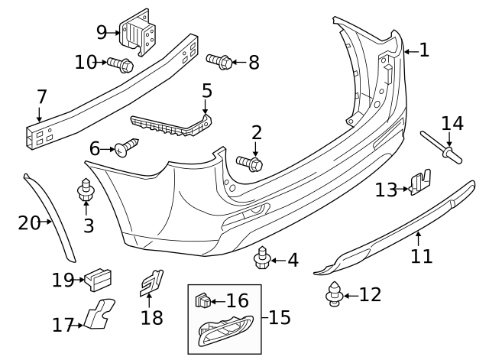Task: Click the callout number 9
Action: tap(102, 32)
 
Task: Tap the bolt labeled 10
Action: tap(121, 64)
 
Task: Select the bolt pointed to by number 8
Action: tap(219, 61)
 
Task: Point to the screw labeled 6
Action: tap(127, 148)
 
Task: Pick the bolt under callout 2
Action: tap(250, 163)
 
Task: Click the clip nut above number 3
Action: tap(86, 190)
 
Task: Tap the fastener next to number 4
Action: tap(262, 258)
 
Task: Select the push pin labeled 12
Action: tap(335, 294)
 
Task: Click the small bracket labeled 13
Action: tap(421, 183)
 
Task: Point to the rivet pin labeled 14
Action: tap(442, 148)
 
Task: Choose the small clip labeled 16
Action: tap(203, 300)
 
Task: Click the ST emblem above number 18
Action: tap(151, 283)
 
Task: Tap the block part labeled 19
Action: tap(98, 280)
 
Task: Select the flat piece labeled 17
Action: tap(99, 314)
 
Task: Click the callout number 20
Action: tap(29, 222)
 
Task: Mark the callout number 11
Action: tap(421, 256)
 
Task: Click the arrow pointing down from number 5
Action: tap(205, 106)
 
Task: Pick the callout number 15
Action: tap(280, 317)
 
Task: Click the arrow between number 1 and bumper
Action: tap(411, 51)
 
